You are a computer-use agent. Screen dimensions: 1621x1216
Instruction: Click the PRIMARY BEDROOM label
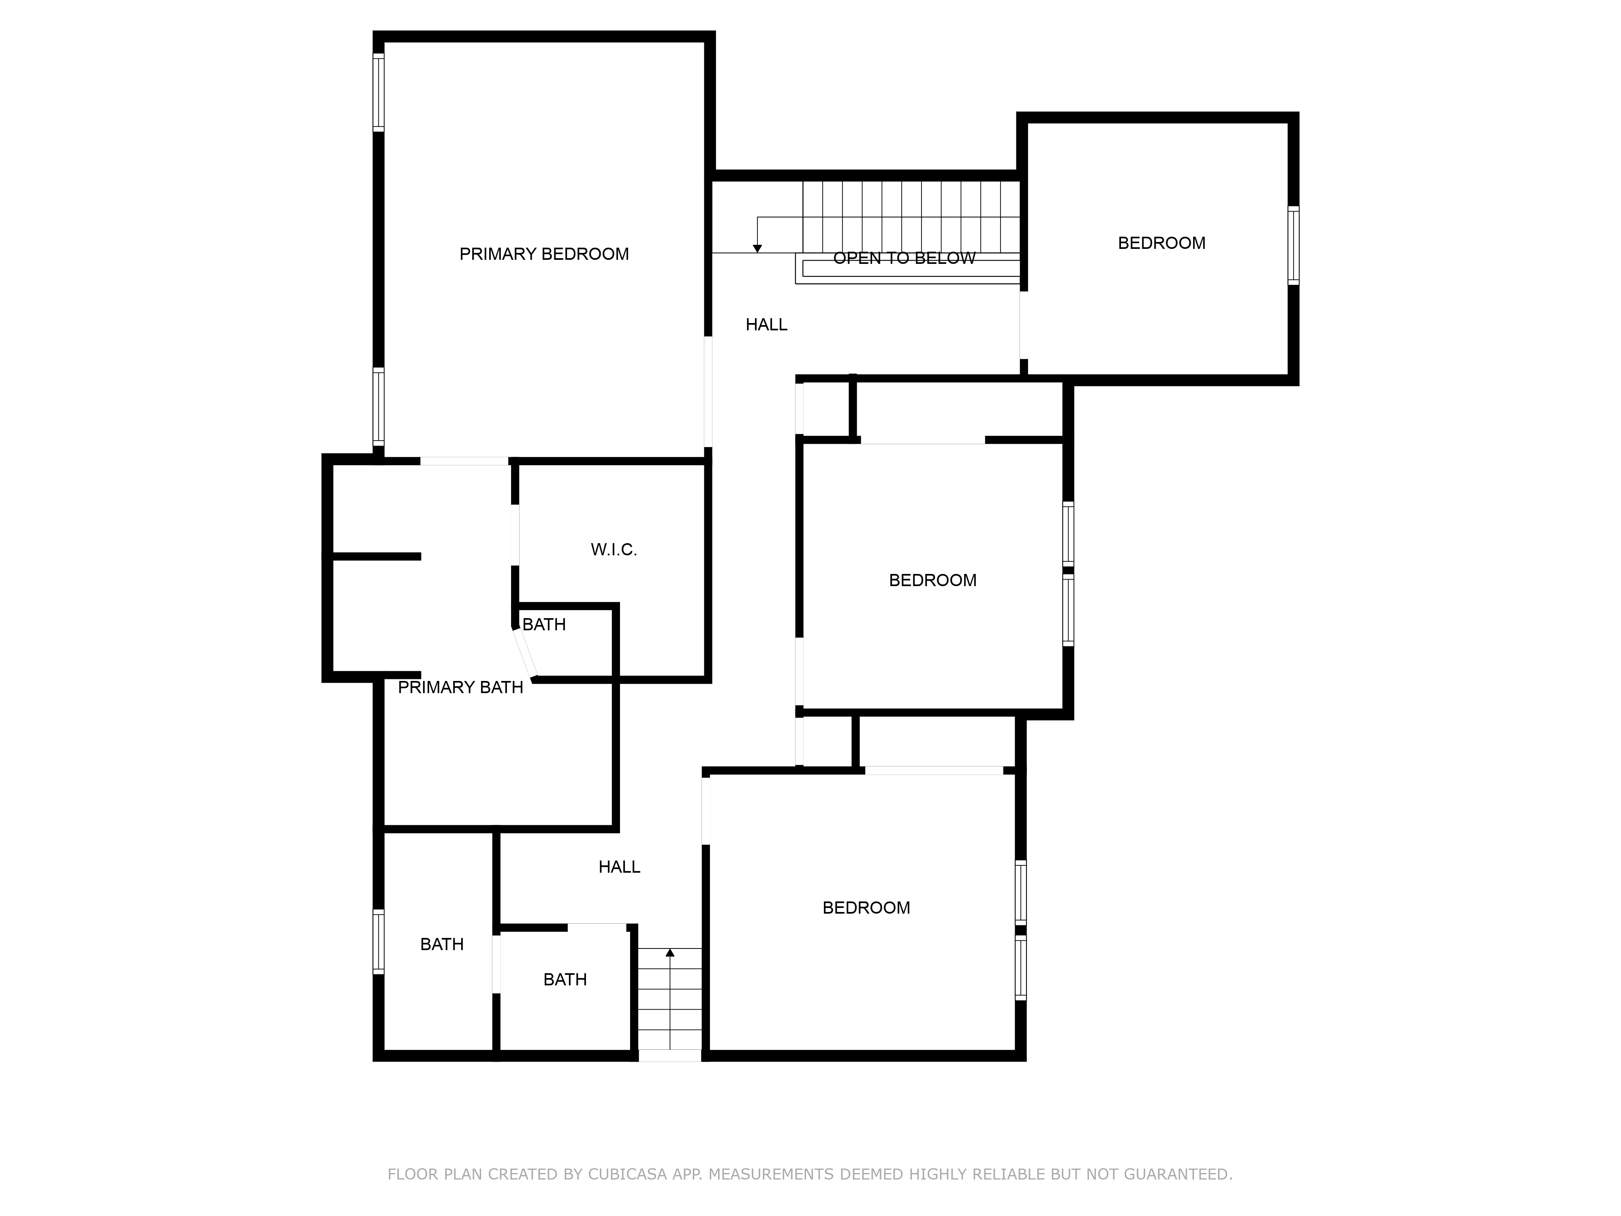coord(544,254)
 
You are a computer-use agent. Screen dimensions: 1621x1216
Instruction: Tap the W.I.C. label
coord(614,550)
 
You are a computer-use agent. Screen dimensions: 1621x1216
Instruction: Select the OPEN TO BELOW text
coord(904,258)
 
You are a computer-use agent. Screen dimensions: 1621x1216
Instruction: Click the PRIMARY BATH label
coord(460,687)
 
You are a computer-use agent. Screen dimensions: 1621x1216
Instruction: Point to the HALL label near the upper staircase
coord(767,325)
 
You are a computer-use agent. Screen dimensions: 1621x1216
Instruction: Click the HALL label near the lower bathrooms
coord(619,867)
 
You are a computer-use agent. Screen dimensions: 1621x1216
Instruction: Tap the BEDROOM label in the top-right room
coord(1161,243)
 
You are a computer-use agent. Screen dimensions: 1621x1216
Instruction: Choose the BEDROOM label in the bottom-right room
coord(866,908)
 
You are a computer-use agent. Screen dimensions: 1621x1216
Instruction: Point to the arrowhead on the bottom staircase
coord(670,953)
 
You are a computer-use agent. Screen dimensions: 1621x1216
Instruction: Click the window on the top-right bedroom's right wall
coord(1294,246)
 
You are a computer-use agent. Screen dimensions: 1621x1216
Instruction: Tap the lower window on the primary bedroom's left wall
coord(378,407)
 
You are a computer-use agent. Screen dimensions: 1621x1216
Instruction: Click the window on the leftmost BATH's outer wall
coord(378,942)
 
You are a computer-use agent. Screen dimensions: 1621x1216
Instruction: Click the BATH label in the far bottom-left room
coord(442,945)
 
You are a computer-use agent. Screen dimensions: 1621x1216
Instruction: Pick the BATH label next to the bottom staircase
coord(565,980)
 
